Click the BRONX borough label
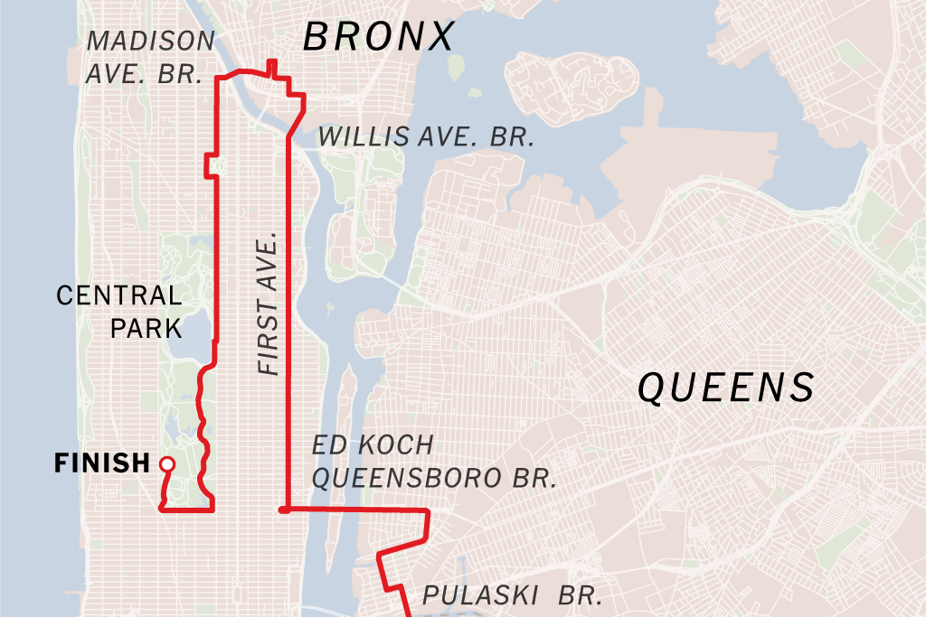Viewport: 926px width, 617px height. [378, 37]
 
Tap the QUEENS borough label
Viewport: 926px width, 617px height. [726, 388]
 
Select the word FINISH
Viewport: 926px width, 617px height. [101, 463]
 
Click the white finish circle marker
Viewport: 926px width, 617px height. [166, 463]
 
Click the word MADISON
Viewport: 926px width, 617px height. [151, 42]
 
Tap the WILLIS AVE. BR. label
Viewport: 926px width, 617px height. [426, 137]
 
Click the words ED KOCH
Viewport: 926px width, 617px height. [373, 445]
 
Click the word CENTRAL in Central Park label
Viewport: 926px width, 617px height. [118, 294]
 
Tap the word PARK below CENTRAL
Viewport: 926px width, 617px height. [146, 327]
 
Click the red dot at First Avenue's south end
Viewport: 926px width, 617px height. [284, 510]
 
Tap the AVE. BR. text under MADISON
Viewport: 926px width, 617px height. [143, 74]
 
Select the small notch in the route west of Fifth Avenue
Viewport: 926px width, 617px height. [209, 164]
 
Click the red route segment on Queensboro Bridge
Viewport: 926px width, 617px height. [353, 510]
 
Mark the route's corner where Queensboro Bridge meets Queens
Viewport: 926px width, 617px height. [425, 511]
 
